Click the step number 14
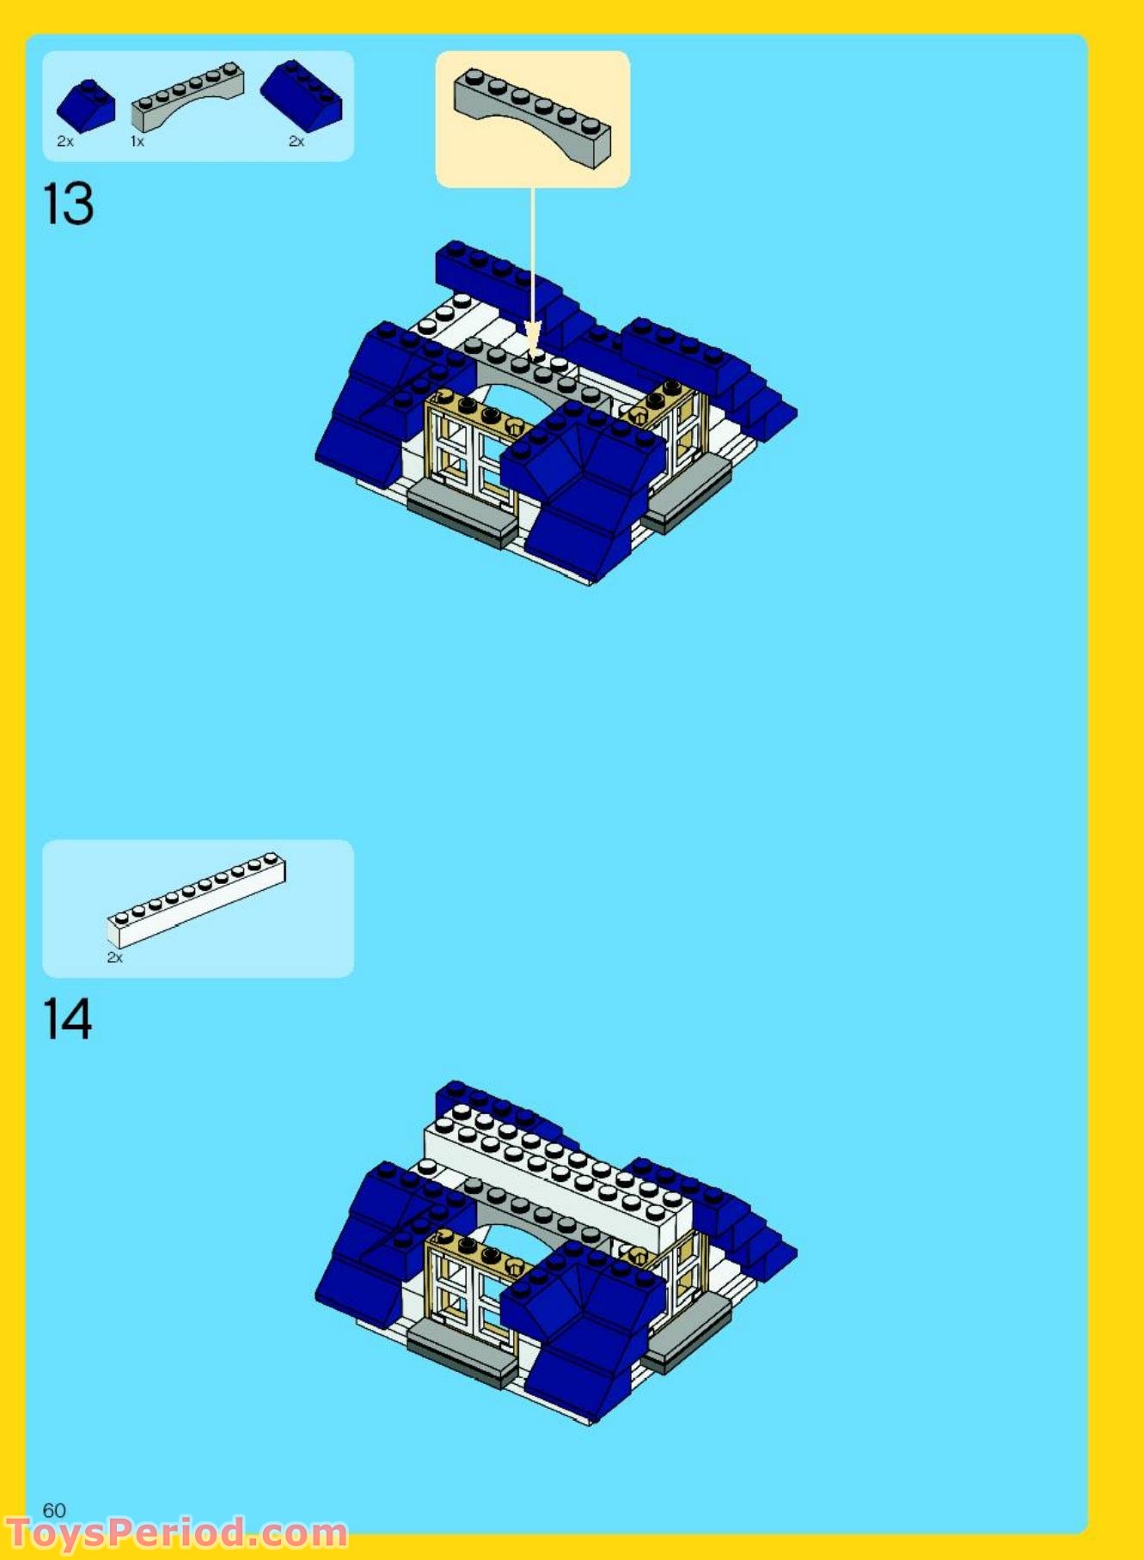67,1019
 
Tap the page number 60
54,1510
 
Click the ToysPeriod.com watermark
176,1533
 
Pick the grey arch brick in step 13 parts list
187,95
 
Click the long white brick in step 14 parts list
197,899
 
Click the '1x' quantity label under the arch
138,142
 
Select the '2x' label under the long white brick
114,957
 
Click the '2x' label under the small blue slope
65,142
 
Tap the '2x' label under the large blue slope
297,142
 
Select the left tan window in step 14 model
468,1289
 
